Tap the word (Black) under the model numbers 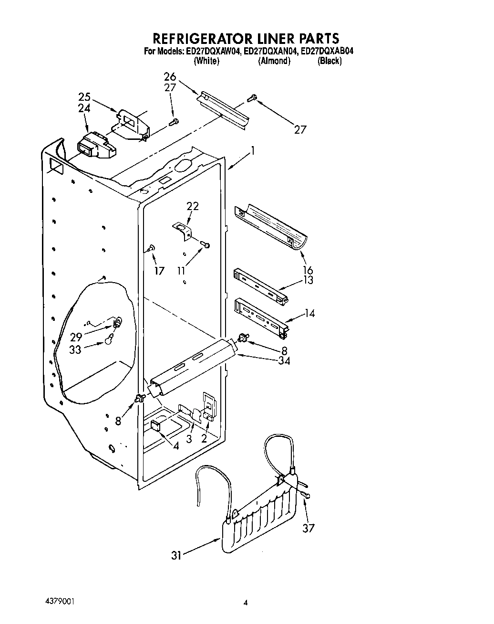[329, 61]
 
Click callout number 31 [177, 555]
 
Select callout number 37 [309, 528]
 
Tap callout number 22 [193, 206]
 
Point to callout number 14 [309, 314]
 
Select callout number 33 [75, 349]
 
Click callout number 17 [159, 271]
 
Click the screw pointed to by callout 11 [206, 245]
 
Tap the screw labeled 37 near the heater [306, 495]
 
